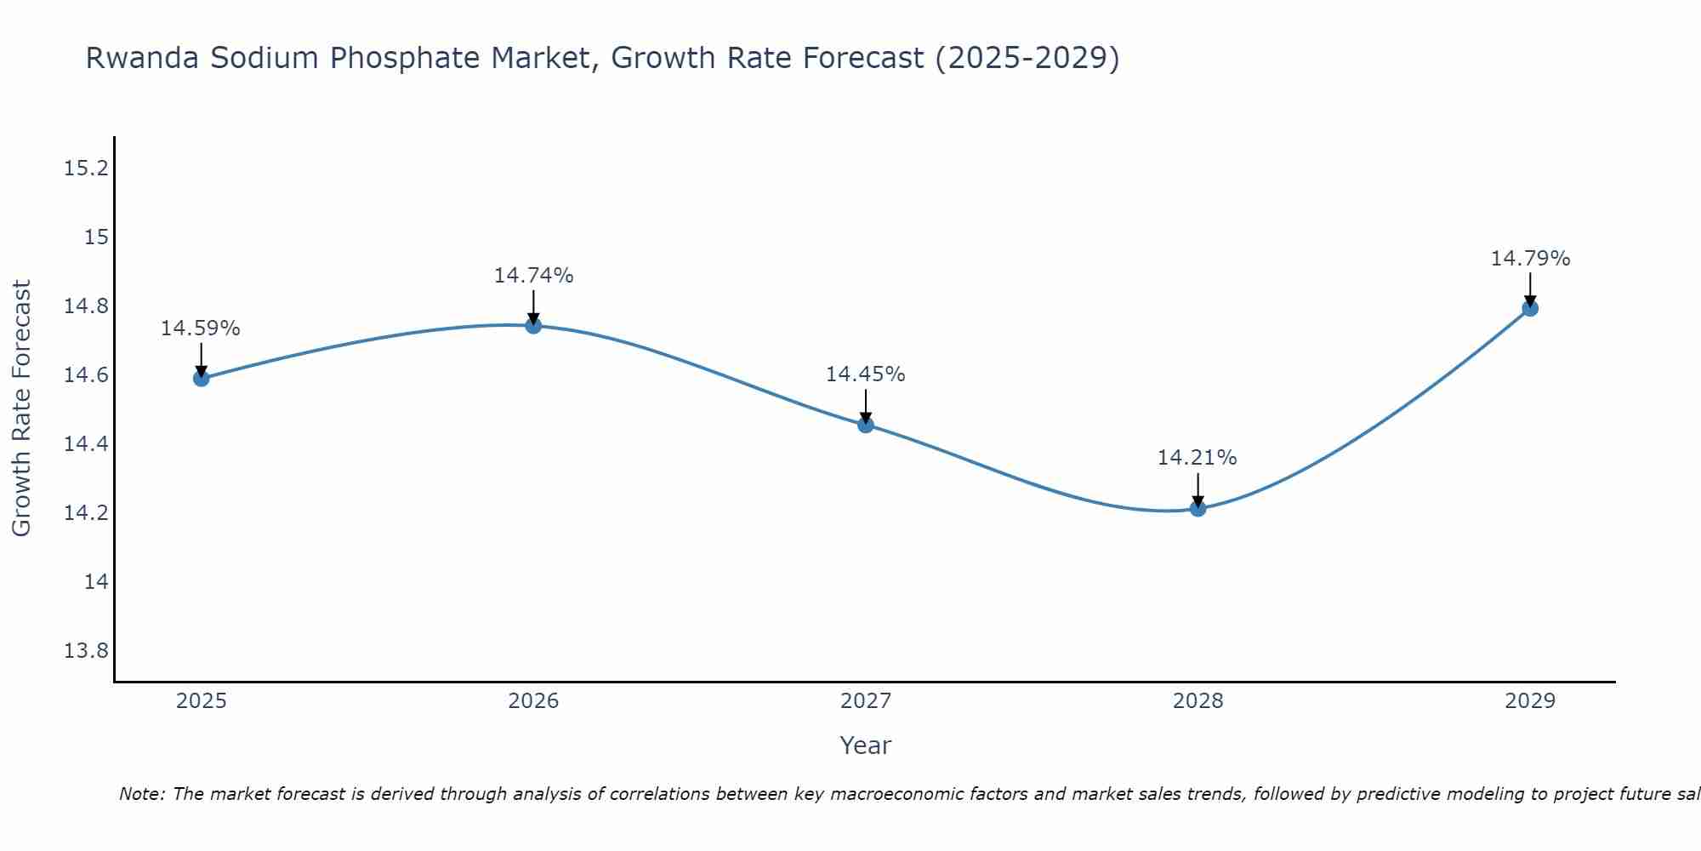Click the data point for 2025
[x=202, y=378]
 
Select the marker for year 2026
[x=533, y=325]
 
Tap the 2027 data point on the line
[x=866, y=425]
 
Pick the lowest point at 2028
[x=1198, y=508]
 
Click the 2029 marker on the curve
[x=1530, y=308]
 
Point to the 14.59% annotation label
[x=201, y=328]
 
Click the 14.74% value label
[x=533, y=276]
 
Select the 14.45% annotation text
[x=866, y=374]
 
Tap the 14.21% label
[x=1198, y=458]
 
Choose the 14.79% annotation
[x=1530, y=259]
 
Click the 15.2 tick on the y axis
[x=87, y=168]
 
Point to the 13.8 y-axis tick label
[x=87, y=651]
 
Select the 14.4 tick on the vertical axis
[x=87, y=444]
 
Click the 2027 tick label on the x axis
[x=866, y=701]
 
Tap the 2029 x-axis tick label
[x=1530, y=701]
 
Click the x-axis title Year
[x=866, y=745]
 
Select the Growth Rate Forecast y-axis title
[x=22, y=408]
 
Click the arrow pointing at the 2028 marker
[x=1198, y=490]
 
